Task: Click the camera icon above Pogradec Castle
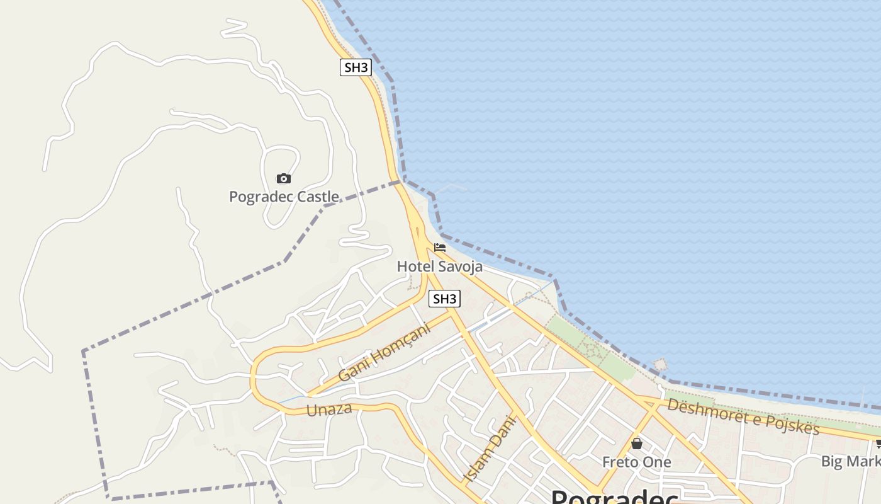coord(284,179)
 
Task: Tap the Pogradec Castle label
coord(284,197)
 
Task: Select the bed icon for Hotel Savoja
coord(440,248)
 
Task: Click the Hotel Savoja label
coord(440,266)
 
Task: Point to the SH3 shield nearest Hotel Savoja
coord(444,299)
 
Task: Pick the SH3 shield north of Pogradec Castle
coord(356,67)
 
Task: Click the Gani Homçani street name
coord(384,352)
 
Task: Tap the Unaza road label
coord(329,409)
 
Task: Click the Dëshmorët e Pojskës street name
coord(743,416)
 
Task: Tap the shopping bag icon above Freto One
coord(637,444)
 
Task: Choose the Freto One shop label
coord(637,462)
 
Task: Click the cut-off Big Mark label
coord(850,461)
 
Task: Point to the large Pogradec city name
coord(614,497)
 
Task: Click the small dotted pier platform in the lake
coord(660,365)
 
